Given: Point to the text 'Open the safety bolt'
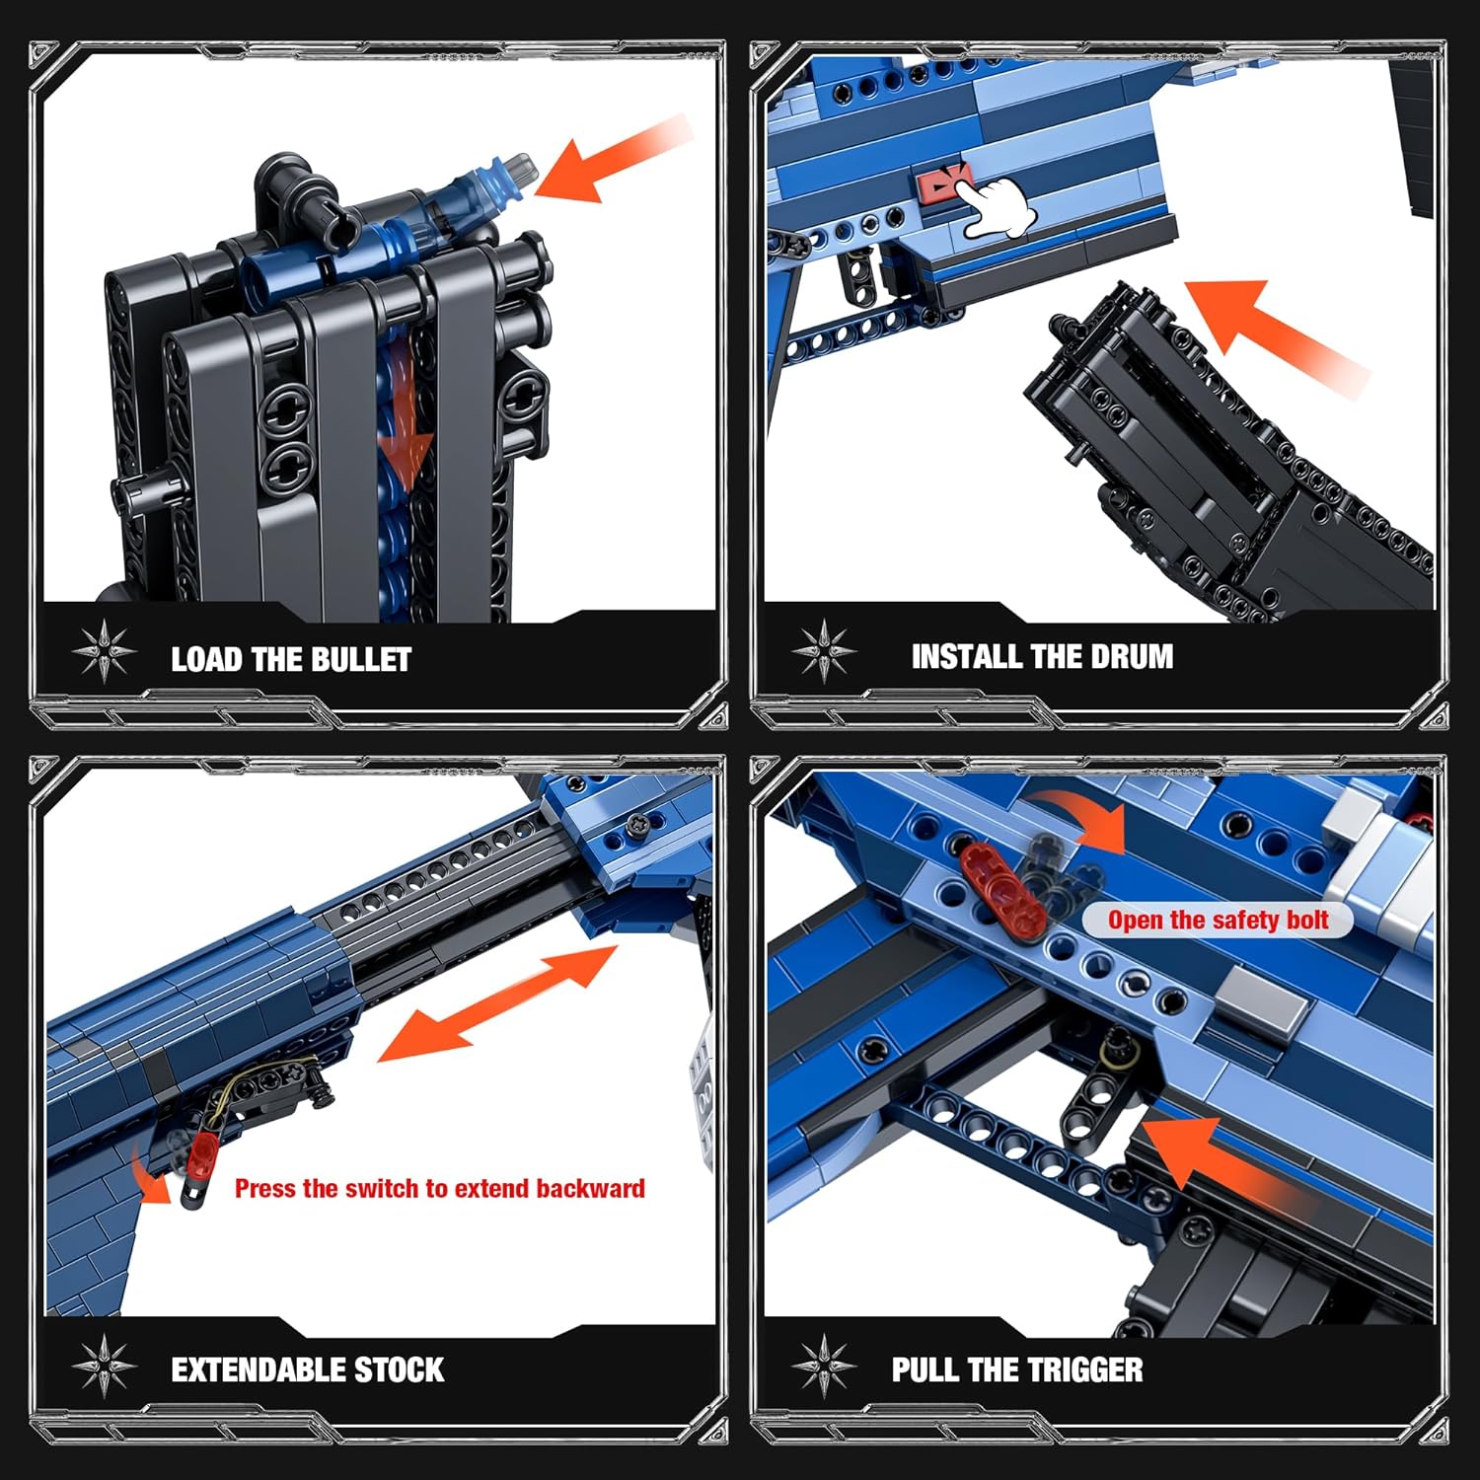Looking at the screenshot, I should pyautogui.click(x=1218, y=921).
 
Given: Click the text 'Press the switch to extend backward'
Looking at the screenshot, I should pyautogui.click(x=440, y=1188).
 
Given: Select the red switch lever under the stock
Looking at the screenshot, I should pyautogui.click(x=202, y=1155).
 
